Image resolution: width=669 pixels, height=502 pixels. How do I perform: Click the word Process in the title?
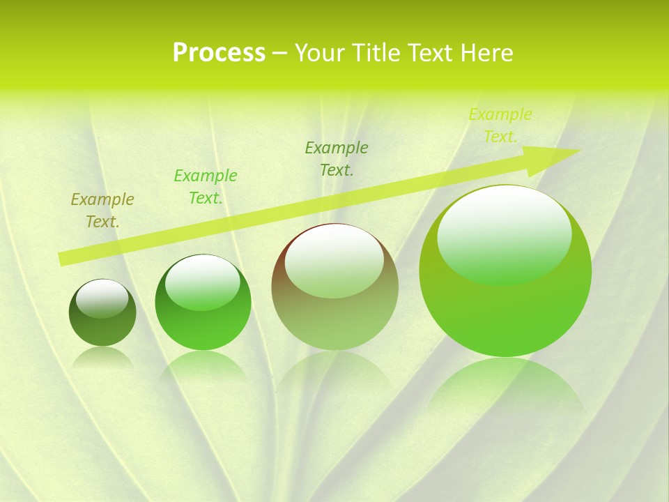pyautogui.click(x=219, y=53)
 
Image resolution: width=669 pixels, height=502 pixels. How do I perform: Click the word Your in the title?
pyautogui.click(x=318, y=53)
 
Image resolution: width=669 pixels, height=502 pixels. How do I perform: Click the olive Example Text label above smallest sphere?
pyautogui.click(x=102, y=211)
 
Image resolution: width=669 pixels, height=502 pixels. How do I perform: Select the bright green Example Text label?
pyautogui.click(x=206, y=187)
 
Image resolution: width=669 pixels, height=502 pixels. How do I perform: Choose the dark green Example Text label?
pyautogui.click(x=337, y=158)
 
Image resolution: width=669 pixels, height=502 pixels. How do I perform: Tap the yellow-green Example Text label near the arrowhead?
pyautogui.click(x=500, y=125)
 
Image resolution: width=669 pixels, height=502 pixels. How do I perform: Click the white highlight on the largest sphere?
pyautogui.click(x=504, y=234)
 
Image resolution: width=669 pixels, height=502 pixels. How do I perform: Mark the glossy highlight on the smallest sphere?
pyautogui.click(x=102, y=298)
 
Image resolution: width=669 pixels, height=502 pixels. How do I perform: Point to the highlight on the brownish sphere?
pyautogui.click(x=334, y=261)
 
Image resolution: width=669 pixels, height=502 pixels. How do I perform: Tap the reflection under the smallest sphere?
pyautogui.click(x=102, y=356)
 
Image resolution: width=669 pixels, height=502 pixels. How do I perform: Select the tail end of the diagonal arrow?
pyautogui.click(x=63, y=259)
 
